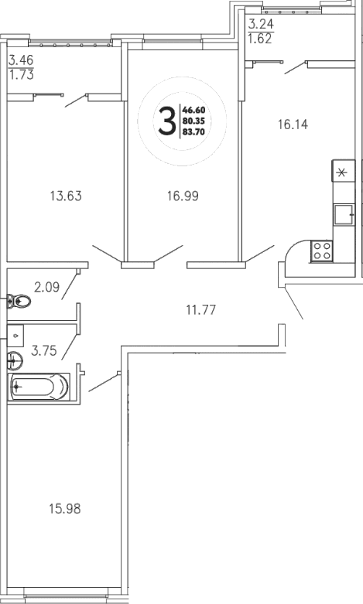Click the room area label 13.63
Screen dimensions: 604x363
(64, 196)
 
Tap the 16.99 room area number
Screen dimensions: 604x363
(183, 196)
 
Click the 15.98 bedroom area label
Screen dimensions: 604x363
(64, 509)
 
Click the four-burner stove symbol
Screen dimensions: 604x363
(321, 250)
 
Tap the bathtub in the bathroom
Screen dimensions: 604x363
(39, 386)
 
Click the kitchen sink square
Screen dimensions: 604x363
(343, 213)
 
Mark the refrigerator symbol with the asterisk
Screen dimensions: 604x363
(343, 172)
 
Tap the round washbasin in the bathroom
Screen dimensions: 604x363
(14, 359)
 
